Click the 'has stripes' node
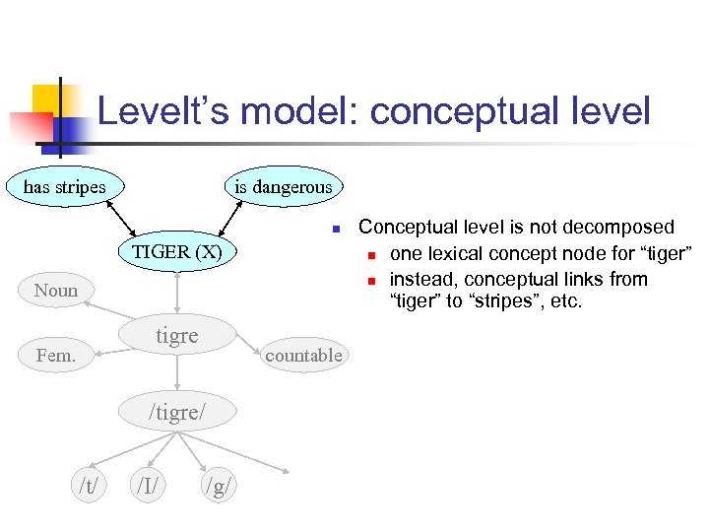[65, 185]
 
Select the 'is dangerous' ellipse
[283, 186]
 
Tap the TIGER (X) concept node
[177, 251]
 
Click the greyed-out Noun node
[55, 290]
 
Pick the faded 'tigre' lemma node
[177, 336]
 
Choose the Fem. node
[55, 356]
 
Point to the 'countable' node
[303, 355]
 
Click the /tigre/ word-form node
[177, 412]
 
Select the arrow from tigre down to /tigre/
[177, 374]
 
